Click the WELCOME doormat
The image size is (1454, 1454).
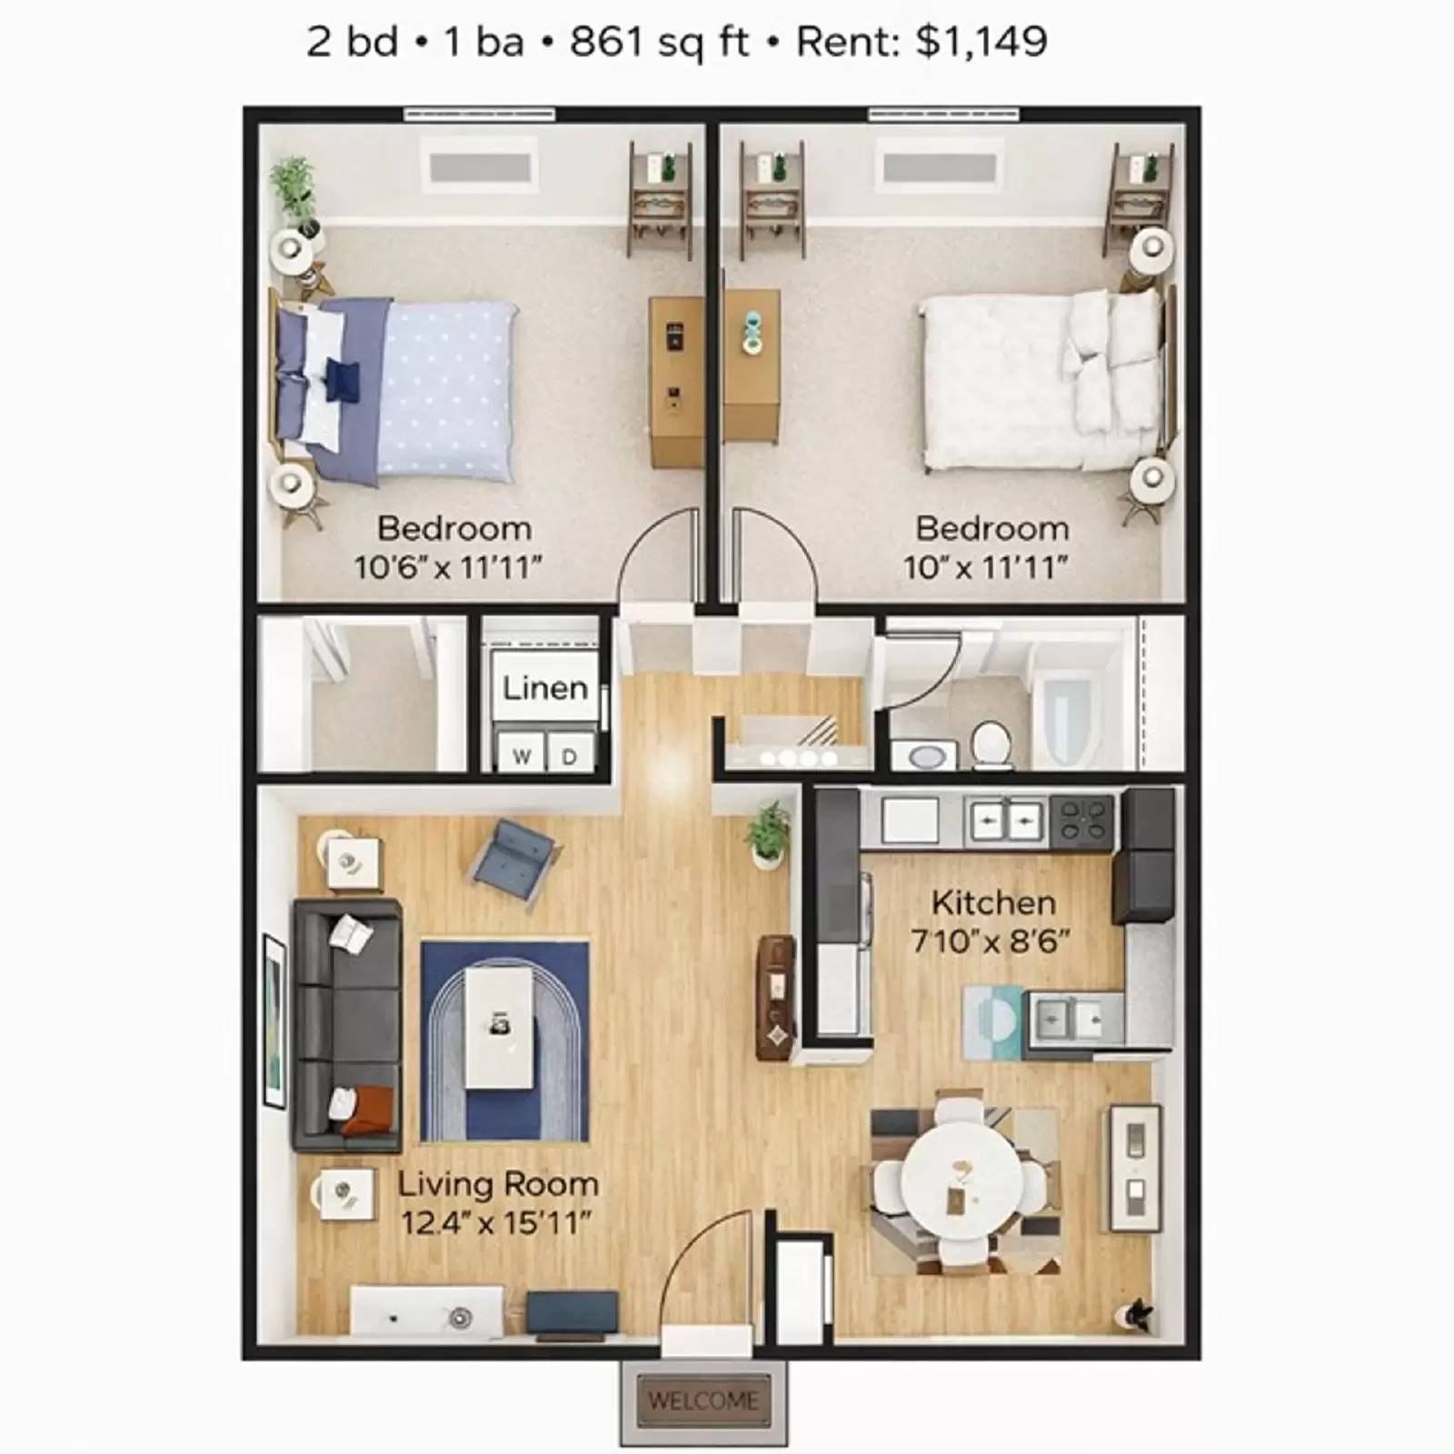(x=703, y=1401)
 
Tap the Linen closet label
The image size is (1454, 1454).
(x=545, y=688)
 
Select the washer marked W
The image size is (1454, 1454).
(x=521, y=753)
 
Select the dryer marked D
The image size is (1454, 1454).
(x=570, y=753)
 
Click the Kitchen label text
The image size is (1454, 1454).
(x=993, y=902)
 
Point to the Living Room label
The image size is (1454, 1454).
(x=498, y=1184)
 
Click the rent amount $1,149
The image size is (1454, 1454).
(x=981, y=42)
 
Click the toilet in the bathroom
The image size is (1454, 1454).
(x=991, y=742)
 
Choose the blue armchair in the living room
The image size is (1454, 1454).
(x=514, y=861)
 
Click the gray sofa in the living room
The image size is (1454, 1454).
(x=346, y=1026)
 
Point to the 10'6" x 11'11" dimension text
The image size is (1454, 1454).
(x=448, y=567)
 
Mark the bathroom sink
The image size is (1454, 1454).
(x=924, y=756)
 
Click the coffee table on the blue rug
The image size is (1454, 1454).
(x=499, y=1028)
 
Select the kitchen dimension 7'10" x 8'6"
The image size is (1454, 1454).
(x=990, y=941)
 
